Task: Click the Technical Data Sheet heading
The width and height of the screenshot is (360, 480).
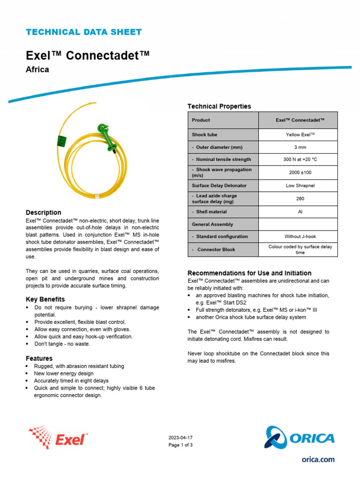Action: (83, 32)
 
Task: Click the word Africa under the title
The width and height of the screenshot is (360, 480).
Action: (37, 70)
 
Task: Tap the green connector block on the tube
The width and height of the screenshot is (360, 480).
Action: (106, 136)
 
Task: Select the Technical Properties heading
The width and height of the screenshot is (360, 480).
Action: (219, 106)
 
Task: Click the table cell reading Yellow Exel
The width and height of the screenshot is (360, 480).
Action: (300, 135)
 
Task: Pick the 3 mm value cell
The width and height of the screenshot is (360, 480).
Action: (300, 147)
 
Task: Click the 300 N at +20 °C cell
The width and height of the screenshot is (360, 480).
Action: (300, 159)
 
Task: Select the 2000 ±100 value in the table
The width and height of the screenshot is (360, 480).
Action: (300, 172)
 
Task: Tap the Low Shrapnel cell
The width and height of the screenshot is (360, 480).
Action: (300, 186)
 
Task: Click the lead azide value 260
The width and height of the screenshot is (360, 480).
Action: (300, 199)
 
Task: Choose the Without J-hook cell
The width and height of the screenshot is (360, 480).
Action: (300, 237)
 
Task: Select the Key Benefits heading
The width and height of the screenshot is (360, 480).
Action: (45, 299)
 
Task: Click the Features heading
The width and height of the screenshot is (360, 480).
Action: (39, 359)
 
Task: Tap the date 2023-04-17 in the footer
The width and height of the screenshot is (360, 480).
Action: (180, 437)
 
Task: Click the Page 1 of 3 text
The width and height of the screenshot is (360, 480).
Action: (180, 445)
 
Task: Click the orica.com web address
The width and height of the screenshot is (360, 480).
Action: (318, 460)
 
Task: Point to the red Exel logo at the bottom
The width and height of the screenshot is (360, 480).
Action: (58, 438)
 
